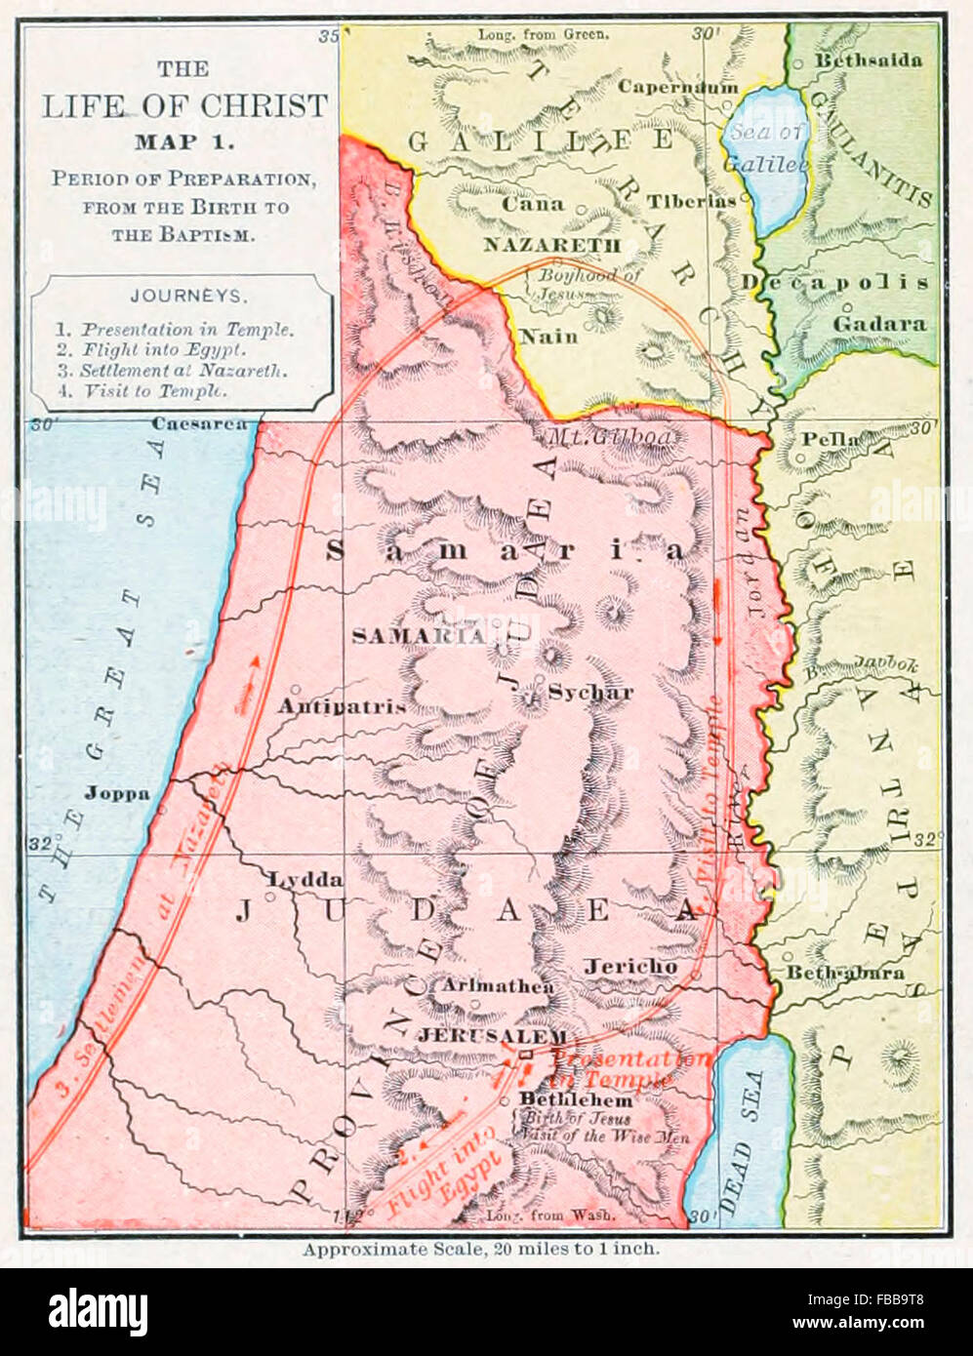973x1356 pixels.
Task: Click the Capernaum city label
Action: (677, 87)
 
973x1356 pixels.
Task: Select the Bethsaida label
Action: (868, 60)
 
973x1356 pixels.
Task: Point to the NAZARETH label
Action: (551, 245)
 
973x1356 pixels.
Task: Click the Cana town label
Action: (533, 204)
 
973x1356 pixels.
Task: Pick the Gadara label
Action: (879, 323)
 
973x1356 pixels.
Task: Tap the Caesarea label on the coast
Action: (199, 424)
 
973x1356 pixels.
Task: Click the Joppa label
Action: (117, 793)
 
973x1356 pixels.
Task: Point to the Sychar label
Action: (590, 693)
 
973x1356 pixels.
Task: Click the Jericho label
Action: (630, 966)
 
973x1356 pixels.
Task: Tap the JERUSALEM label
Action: (492, 1036)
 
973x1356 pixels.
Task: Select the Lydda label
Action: (305, 879)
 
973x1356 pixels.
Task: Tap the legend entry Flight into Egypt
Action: (162, 349)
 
